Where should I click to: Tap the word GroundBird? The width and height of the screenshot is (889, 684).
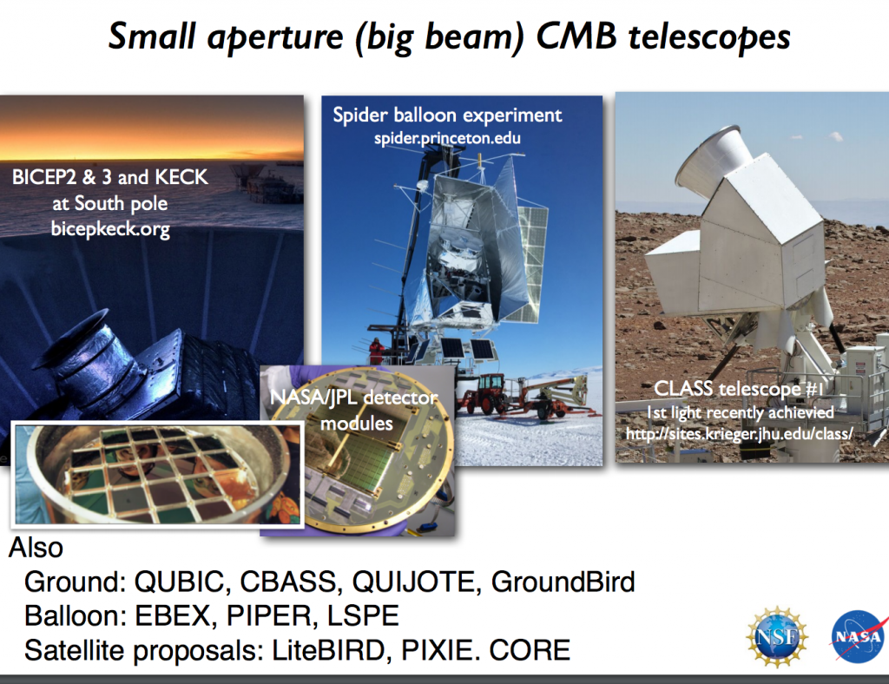[x=563, y=581]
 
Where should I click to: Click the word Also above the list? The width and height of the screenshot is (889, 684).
[x=36, y=548]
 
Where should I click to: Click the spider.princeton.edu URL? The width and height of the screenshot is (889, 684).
[x=447, y=137]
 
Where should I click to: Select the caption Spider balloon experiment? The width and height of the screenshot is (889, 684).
[x=447, y=115]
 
